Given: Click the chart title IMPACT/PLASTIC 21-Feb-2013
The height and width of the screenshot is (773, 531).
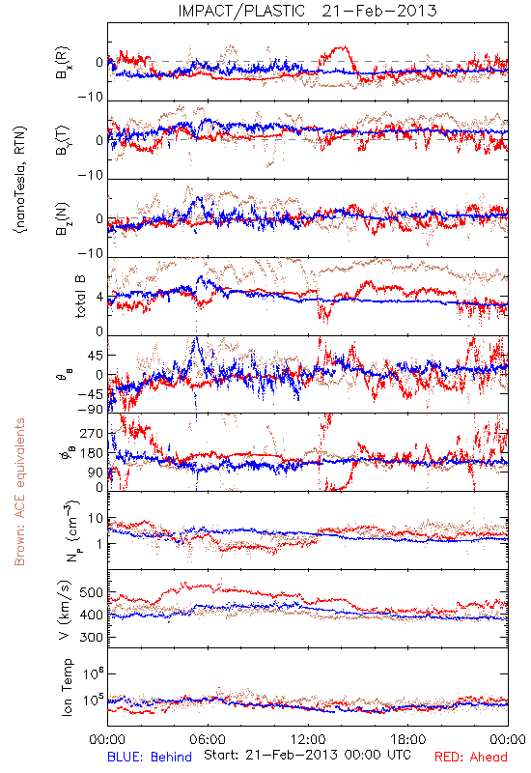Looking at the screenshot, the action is click(307, 11).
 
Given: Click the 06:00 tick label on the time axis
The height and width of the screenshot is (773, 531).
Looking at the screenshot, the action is click(208, 739).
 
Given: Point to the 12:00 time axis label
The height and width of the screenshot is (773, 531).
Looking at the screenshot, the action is click(308, 739).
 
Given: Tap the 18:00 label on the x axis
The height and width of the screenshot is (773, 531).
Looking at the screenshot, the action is click(408, 739).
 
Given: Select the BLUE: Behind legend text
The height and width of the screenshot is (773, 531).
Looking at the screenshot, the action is click(150, 757).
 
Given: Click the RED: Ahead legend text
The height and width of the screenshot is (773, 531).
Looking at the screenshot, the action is click(470, 757).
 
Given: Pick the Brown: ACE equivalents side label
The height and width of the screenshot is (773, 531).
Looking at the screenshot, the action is click(19, 492).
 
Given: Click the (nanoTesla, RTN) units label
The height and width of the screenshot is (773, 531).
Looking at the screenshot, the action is click(20, 180).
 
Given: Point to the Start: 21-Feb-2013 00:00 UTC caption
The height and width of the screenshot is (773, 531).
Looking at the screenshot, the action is click(307, 755).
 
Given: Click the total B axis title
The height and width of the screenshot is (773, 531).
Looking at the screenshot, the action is click(80, 296).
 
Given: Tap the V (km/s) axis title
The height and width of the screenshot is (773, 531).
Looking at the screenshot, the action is click(65, 611).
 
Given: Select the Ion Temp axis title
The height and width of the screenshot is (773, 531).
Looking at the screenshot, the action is click(67, 687).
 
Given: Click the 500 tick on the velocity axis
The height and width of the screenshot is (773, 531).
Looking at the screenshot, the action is click(91, 592).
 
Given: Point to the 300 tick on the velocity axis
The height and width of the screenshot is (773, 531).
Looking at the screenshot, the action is click(91, 637).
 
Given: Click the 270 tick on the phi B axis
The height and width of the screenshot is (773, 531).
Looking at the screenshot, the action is click(91, 433).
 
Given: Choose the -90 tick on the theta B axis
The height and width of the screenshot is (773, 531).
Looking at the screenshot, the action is click(90, 409).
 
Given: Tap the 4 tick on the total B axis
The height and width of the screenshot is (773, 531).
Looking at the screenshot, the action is click(100, 298).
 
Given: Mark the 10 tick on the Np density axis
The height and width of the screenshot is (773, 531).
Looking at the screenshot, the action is click(96, 519).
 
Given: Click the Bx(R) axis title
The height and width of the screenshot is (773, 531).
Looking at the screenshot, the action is click(63, 63).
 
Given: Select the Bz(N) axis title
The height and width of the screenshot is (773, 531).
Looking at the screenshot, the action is click(63, 218).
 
